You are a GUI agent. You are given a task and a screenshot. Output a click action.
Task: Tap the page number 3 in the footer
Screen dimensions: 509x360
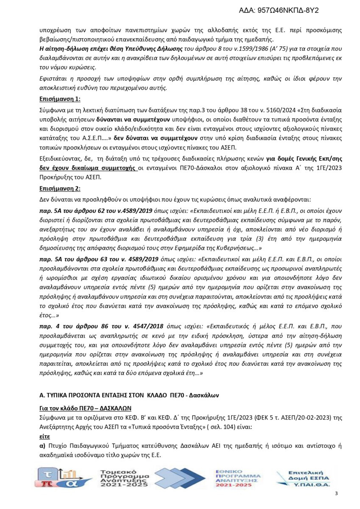[x=336, y=493]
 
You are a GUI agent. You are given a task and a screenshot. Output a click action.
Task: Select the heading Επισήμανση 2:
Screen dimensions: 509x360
[x=59, y=188]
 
